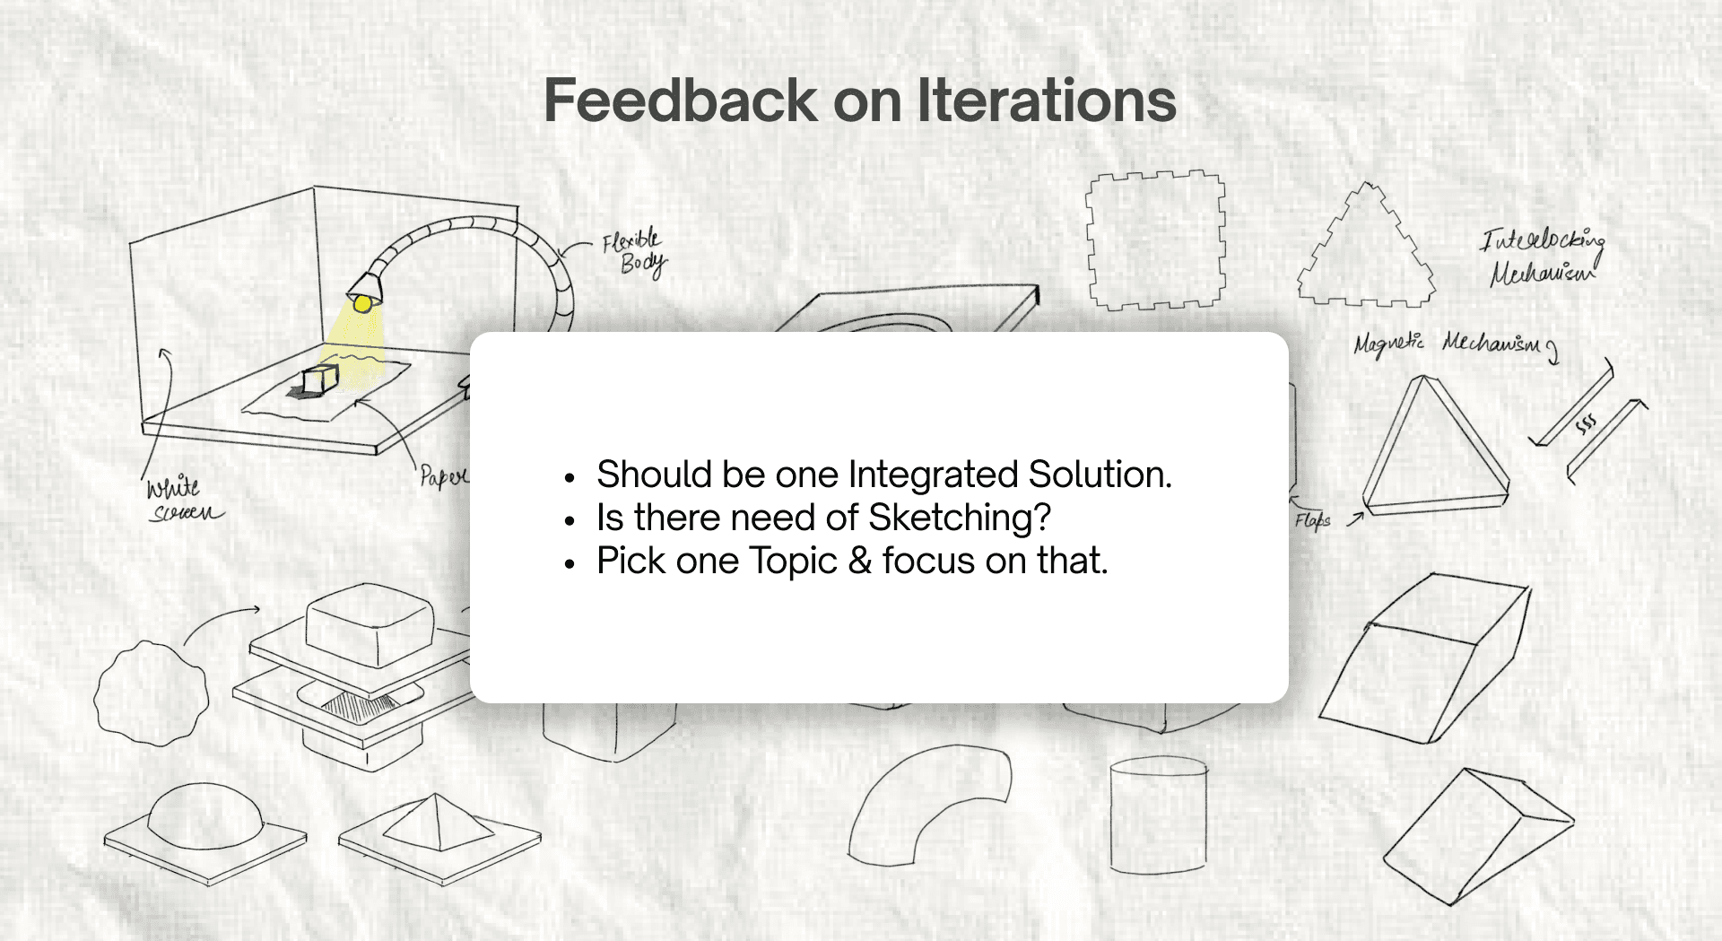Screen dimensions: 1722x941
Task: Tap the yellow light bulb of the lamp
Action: pos(362,304)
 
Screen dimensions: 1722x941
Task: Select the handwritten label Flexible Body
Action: pos(634,252)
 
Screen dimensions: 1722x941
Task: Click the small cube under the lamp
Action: pos(319,379)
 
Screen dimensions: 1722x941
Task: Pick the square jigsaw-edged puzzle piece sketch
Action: pos(1156,240)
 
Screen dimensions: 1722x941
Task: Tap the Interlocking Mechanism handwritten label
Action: pos(1542,257)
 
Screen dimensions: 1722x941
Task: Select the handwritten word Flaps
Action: pos(1312,520)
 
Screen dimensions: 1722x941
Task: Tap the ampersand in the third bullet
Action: pos(860,562)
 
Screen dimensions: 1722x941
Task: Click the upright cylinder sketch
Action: pos(1158,815)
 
